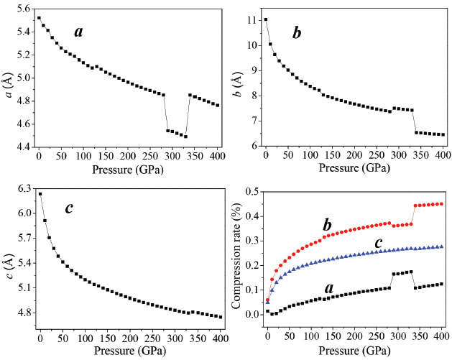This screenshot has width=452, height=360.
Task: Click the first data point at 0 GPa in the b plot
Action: coord(266,19)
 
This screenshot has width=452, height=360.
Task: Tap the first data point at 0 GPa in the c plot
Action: coord(40,194)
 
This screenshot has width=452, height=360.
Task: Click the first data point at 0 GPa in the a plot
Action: coord(39,18)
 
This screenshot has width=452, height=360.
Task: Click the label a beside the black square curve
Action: coord(329,287)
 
